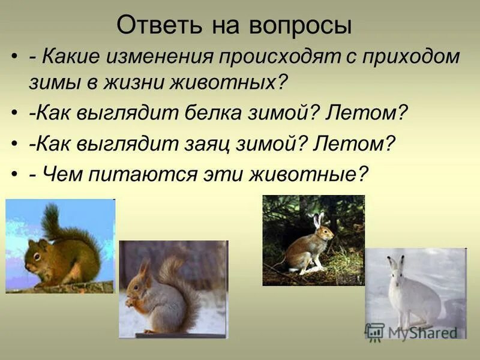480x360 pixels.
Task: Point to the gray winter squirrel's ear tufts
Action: (144, 266)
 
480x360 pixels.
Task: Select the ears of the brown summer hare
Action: (319, 219)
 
